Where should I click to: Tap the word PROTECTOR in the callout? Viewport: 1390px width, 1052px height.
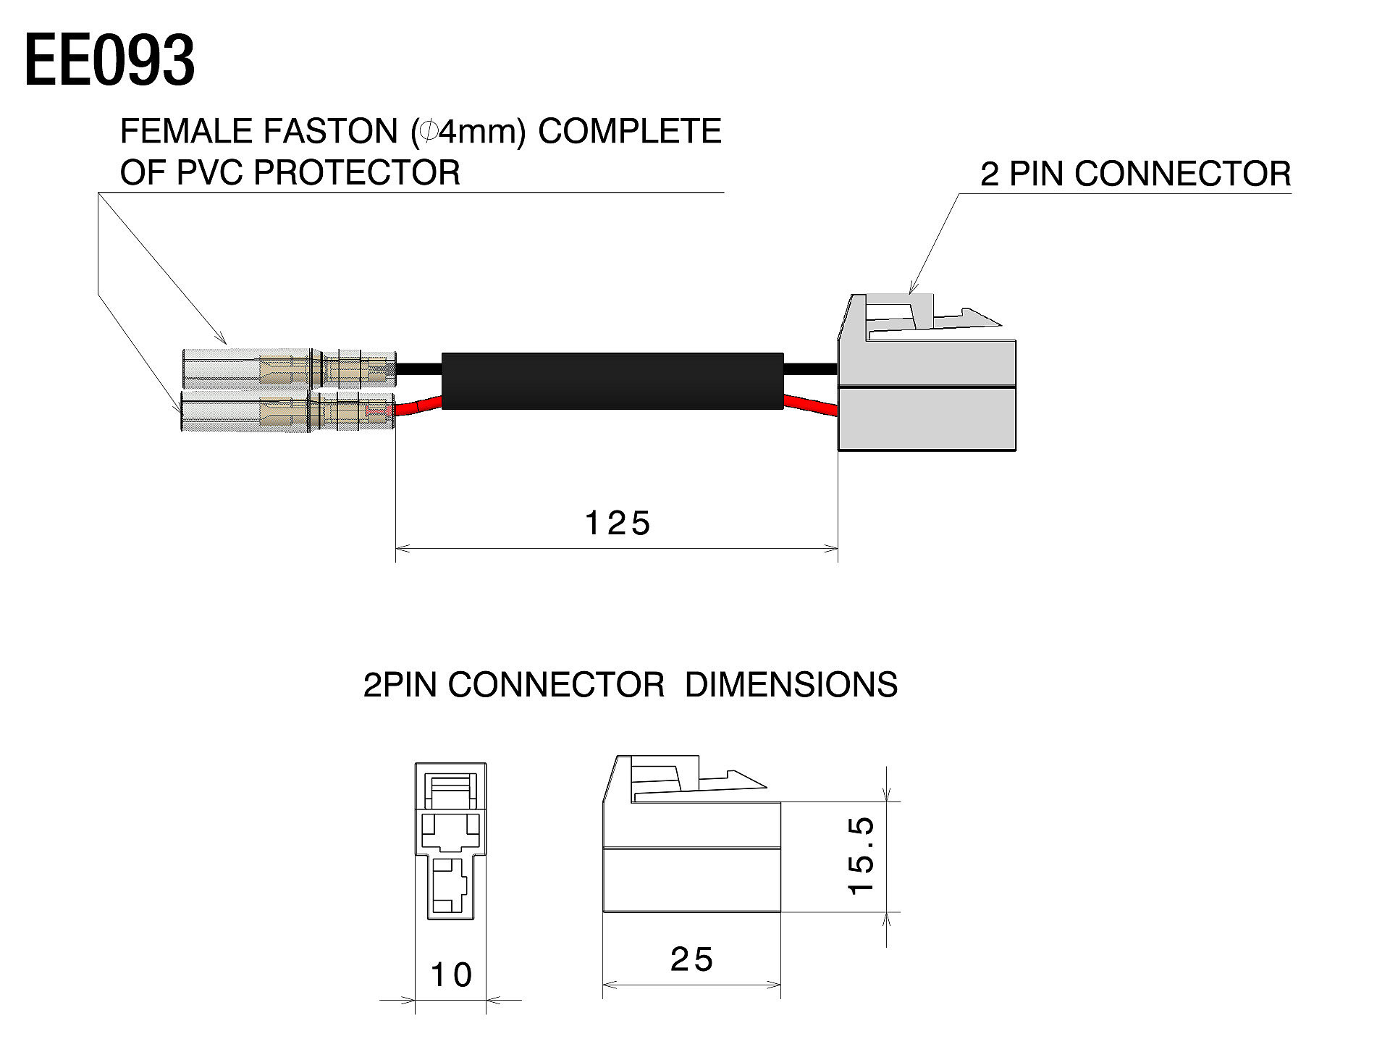click(356, 173)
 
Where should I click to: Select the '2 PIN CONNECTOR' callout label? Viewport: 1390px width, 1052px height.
click(1135, 174)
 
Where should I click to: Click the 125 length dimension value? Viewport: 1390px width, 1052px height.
click(617, 523)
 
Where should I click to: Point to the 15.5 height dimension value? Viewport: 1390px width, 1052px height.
click(862, 856)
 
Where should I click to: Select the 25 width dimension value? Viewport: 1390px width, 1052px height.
click(691, 960)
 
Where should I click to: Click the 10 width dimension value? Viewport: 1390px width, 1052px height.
click(450, 975)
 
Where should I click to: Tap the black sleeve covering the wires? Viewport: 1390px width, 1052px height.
click(612, 381)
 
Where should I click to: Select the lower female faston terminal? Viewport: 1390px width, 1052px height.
click(287, 413)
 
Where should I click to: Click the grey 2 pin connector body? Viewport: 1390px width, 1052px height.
click(927, 395)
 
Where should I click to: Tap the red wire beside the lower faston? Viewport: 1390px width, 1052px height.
click(418, 408)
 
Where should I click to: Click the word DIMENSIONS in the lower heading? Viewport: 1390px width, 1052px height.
click(791, 685)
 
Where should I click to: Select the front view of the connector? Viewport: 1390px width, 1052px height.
click(450, 841)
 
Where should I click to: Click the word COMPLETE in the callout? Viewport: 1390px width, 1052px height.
click(629, 132)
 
